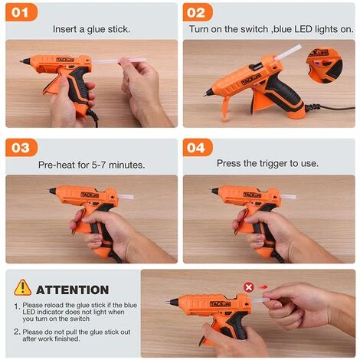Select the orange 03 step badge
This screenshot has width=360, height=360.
pyautogui.click(x=23, y=147)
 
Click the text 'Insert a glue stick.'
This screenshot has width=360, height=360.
pyautogui.click(x=91, y=29)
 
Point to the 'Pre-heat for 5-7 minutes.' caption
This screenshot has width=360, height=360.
pyautogui.click(x=90, y=163)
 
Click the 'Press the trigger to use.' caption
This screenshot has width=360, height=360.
pyautogui.click(x=267, y=163)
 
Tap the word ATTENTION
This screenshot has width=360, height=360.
pyautogui.click(x=73, y=290)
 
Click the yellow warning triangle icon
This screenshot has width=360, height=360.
pyautogui.click(x=23, y=288)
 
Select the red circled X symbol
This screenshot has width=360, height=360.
pyautogui.click(x=248, y=286)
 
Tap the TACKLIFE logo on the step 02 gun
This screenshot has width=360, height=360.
pyautogui.click(x=251, y=80)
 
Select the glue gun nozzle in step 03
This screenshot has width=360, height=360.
pyautogui.click(x=53, y=191)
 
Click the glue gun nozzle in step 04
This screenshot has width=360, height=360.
pyautogui.click(x=215, y=191)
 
